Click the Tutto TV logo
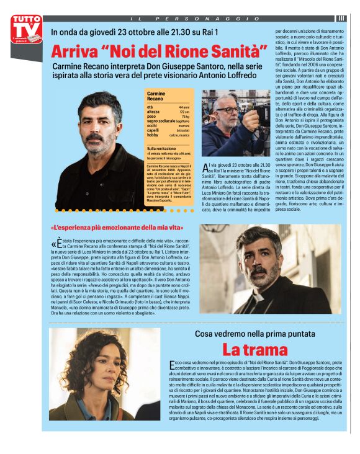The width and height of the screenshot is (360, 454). click(27, 29)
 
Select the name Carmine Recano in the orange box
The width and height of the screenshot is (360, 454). click(156, 96)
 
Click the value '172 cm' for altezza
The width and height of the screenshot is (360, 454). click(184, 112)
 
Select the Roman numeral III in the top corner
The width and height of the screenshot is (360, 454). click(342, 19)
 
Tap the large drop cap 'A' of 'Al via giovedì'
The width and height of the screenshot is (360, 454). click(207, 167)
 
